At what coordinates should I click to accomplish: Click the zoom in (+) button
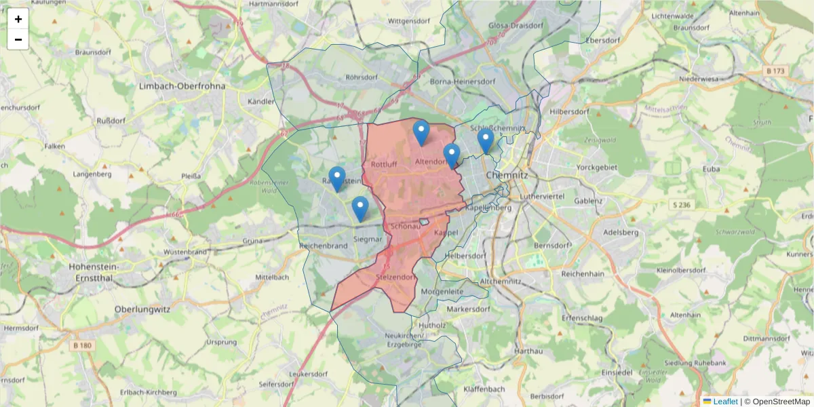(x=18, y=19)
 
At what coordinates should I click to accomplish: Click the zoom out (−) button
(x=18, y=39)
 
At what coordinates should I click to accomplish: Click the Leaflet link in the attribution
(x=724, y=402)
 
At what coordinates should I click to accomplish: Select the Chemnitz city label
(x=507, y=174)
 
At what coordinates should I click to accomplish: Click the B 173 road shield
(x=775, y=71)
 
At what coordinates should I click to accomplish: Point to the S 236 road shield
(x=682, y=205)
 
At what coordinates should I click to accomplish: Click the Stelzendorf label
(x=393, y=277)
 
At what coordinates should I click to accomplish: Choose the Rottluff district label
(x=384, y=164)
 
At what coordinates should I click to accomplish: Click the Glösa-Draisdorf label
(x=516, y=26)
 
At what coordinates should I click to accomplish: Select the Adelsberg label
(x=621, y=232)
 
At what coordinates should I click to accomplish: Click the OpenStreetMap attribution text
(x=780, y=402)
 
